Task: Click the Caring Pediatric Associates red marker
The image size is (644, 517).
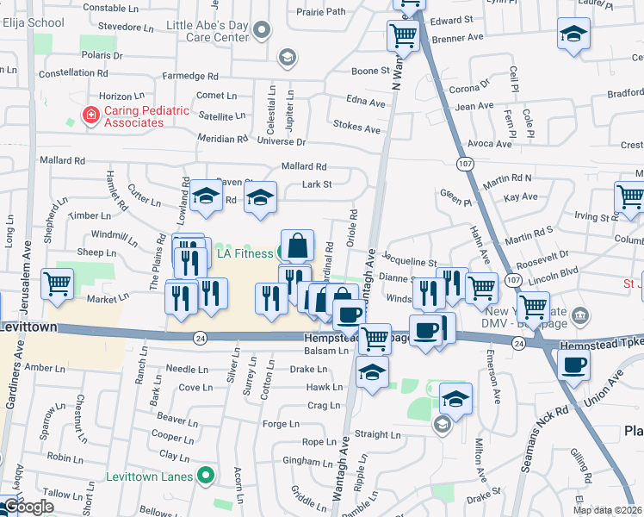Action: tap(90, 115)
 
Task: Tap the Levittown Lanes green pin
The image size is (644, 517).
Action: tap(206, 475)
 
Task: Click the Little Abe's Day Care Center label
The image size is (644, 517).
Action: tap(207, 32)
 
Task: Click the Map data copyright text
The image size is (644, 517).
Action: tap(608, 510)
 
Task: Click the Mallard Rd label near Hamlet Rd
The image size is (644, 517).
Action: tap(63, 160)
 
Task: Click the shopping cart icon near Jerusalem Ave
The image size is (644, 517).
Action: tap(57, 283)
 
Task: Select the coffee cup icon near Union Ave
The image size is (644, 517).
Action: tap(573, 363)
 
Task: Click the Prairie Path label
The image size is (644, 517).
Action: tap(320, 12)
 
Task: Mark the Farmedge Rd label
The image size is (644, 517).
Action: tap(190, 76)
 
